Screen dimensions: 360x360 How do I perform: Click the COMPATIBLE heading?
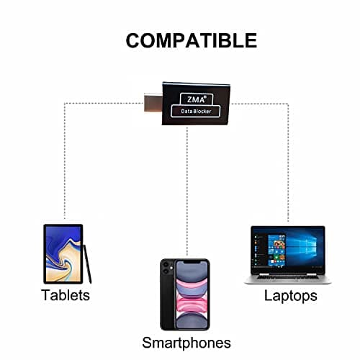tap(192, 40)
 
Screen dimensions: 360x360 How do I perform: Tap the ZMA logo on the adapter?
tap(197, 99)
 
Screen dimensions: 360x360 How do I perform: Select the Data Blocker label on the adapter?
tap(196, 111)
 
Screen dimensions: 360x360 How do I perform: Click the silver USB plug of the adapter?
tap(153, 102)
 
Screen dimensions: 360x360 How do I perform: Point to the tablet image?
tap(63, 254)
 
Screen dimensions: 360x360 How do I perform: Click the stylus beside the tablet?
tap(87, 264)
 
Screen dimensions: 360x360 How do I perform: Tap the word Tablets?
tap(66, 295)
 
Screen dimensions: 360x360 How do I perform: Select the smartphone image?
tap(185, 294)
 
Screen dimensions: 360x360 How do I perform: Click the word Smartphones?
tap(186, 343)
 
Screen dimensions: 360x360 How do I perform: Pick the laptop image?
tap(288, 255)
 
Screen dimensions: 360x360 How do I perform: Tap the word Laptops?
tap(290, 296)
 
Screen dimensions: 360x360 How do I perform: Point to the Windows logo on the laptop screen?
tap(302, 246)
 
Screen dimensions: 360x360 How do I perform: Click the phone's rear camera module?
tap(166, 268)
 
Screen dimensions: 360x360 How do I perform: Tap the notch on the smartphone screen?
tap(192, 262)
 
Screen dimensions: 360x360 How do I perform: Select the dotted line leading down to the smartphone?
tap(187, 192)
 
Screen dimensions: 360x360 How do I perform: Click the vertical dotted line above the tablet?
tap(65, 161)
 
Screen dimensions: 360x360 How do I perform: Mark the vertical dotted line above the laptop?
tap(288, 163)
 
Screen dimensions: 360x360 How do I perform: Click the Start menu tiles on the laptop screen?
tap(276, 251)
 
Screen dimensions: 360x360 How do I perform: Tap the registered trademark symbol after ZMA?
tap(204, 96)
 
